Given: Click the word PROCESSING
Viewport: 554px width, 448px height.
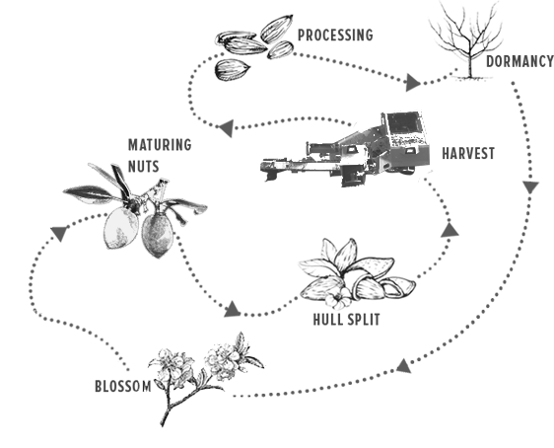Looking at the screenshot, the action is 335,35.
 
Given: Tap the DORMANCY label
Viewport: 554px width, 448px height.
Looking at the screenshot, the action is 519,61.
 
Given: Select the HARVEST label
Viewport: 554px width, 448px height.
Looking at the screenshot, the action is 468,154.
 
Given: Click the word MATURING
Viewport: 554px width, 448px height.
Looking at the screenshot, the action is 160,145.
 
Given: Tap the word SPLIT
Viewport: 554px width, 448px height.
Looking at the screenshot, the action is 364,320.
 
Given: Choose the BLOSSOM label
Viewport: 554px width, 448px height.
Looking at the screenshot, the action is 123,386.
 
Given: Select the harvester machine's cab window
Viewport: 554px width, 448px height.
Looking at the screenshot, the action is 402,122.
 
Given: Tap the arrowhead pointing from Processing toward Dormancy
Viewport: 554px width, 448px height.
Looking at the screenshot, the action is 413,83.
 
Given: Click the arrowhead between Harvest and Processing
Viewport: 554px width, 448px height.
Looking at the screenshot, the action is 227,127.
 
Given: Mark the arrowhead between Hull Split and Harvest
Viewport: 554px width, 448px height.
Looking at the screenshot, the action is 450,230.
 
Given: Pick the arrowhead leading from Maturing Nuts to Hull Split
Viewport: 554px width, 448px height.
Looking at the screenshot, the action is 233,310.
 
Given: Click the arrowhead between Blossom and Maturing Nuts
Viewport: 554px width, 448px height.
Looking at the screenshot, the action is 59,233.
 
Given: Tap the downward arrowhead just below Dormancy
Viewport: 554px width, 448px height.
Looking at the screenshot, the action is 530,187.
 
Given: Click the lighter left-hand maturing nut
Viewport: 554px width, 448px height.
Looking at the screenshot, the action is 120,228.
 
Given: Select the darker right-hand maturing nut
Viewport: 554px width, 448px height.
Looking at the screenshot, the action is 157,235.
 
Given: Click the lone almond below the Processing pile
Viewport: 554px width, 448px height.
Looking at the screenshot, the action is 233,69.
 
